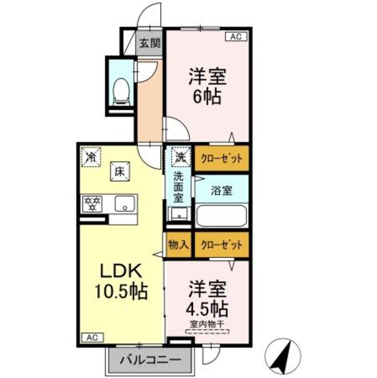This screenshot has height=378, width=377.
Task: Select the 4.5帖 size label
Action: [x=207, y=310]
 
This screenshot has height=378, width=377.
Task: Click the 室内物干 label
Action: [x=207, y=325]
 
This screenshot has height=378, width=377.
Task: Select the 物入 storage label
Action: [x=178, y=245]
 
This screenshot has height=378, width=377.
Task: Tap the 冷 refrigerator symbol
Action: [x=92, y=155]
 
